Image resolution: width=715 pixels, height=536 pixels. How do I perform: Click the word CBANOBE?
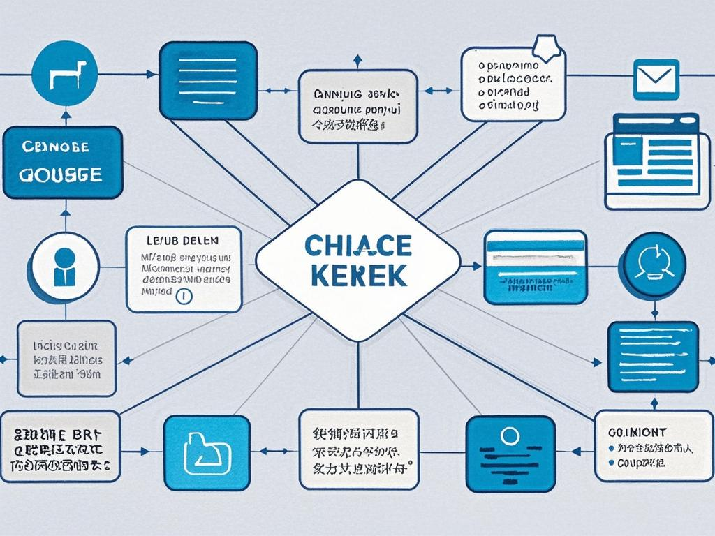pos(56,149)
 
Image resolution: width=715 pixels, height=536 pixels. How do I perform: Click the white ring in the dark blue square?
pos(510,436)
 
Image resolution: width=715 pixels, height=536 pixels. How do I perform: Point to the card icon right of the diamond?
pos(535,267)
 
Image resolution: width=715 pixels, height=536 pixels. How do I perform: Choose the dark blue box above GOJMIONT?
pos(653,356)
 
